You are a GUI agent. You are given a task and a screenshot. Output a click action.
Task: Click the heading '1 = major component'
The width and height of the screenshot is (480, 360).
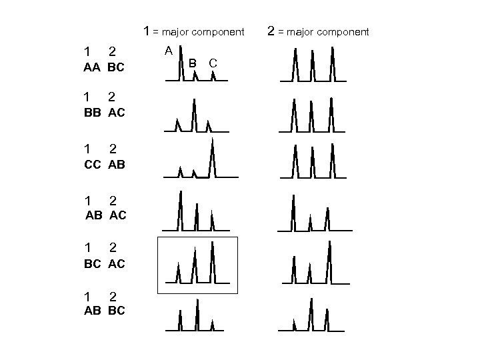[195, 31]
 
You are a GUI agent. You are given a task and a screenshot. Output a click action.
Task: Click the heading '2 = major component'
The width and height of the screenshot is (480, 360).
[317, 31]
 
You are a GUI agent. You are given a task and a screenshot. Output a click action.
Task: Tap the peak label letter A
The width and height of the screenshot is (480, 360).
[169, 50]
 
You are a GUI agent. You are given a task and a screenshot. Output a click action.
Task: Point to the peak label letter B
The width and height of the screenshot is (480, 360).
[192, 63]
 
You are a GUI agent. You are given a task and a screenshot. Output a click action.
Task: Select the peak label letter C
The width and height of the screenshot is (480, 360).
[212, 63]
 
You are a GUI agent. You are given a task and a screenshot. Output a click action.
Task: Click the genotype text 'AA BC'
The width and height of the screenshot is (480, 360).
[104, 68]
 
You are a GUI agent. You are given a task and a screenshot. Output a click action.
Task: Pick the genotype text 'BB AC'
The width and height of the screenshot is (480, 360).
[104, 113]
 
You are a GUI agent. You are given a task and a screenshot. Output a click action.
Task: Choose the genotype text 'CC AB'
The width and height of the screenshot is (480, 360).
[104, 164]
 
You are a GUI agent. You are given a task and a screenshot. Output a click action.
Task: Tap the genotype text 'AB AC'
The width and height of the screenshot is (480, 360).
[105, 215]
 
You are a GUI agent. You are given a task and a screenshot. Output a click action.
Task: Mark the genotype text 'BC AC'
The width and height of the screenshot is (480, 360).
[104, 263]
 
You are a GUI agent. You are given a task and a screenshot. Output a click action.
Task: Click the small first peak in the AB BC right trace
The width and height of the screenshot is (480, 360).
[295, 325]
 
